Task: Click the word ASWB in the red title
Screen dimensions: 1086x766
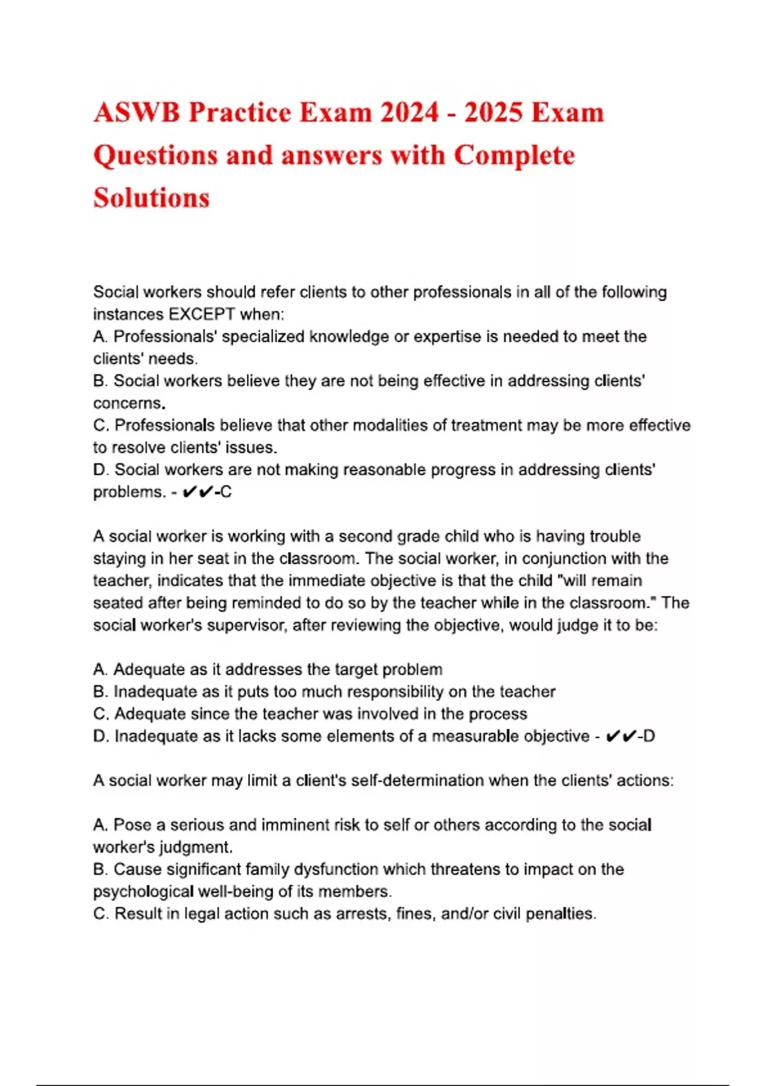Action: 137,113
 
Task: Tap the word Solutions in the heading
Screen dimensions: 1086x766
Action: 151,197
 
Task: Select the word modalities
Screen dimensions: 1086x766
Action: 392,425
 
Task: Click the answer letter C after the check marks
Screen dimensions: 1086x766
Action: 226,492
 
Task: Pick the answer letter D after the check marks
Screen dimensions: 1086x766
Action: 649,737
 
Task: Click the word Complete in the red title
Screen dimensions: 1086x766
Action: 514,155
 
